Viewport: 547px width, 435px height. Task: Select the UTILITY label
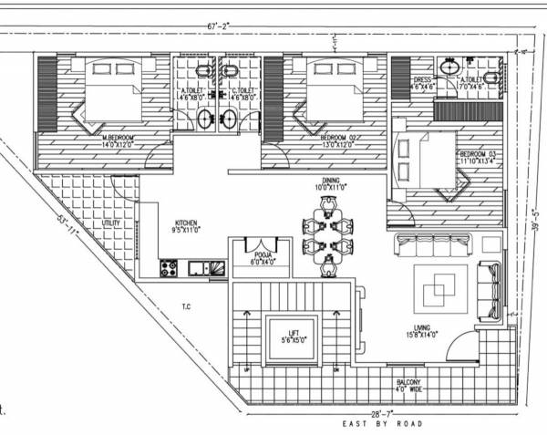point(112,223)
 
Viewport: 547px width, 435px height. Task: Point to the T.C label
point(185,306)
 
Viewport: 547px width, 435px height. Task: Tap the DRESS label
point(421,80)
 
